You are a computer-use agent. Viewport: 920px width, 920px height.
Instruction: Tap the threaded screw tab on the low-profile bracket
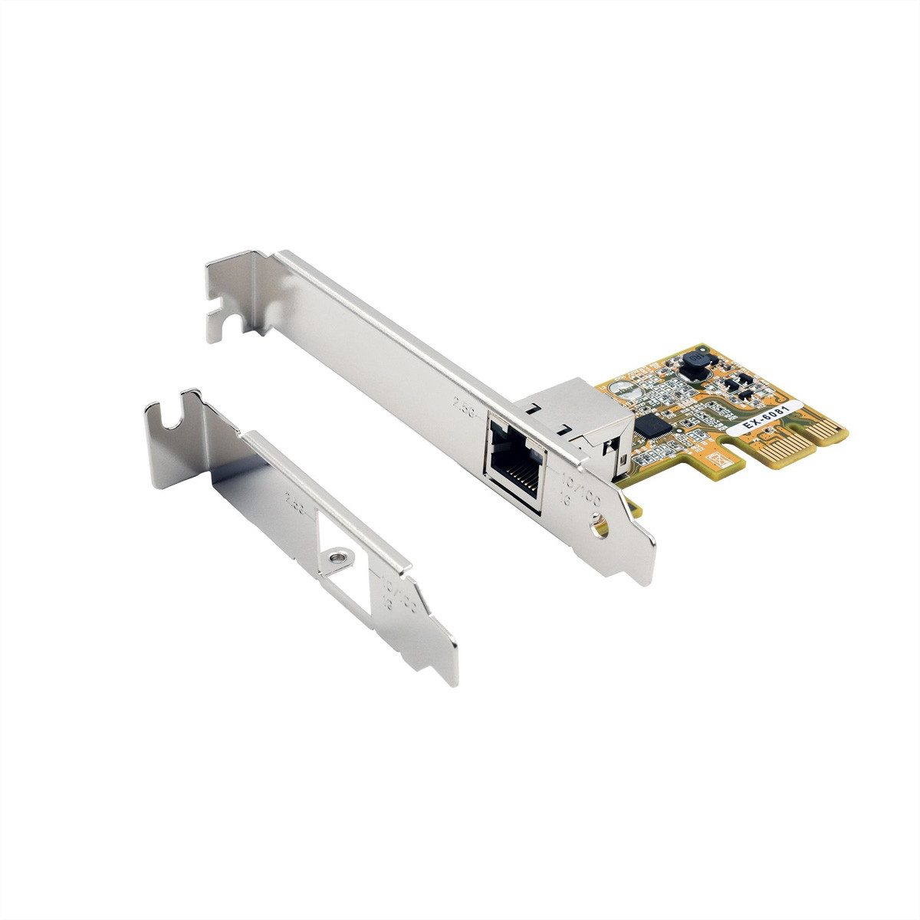pos(335,554)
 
